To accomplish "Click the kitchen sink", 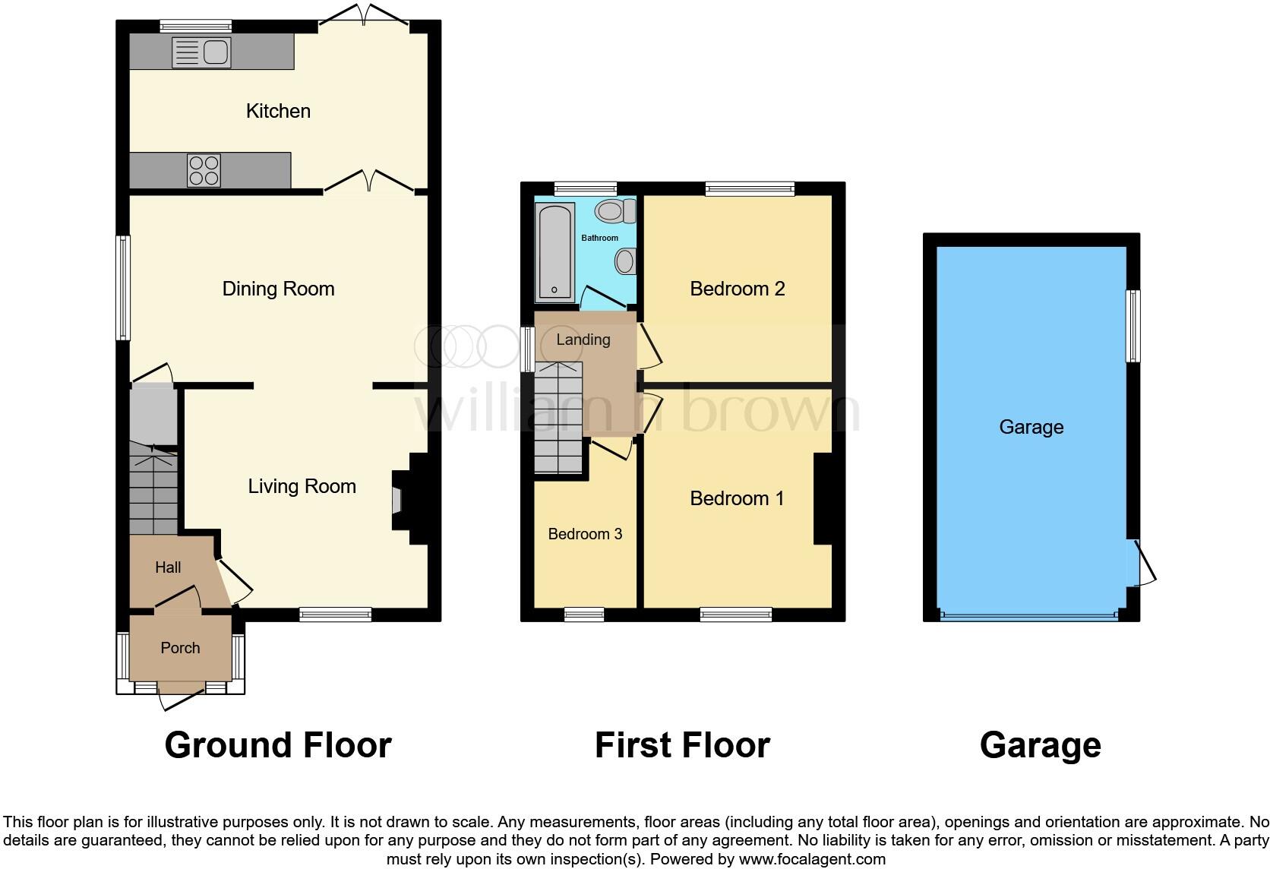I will click(x=201, y=52).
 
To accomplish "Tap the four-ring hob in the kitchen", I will click(x=204, y=170).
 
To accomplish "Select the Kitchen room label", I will click(x=278, y=111).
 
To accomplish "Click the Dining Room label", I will click(x=278, y=289).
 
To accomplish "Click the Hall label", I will click(x=168, y=567).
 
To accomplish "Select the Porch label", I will click(x=180, y=648).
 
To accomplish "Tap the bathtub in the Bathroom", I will click(x=554, y=250).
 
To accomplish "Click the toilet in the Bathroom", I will click(x=615, y=211).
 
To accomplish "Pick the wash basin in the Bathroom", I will click(x=625, y=263).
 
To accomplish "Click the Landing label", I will click(x=583, y=340).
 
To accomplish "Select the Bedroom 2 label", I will click(x=737, y=289).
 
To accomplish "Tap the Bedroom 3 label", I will click(x=585, y=534).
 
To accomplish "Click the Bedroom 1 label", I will click(x=737, y=498).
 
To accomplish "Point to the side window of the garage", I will click(x=1133, y=326).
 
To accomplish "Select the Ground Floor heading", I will click(x=278, y=745).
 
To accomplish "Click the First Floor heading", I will click(x=682, y=745).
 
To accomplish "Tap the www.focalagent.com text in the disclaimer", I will click(x=811, y=860).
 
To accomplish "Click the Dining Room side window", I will click(x=122, y=288).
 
